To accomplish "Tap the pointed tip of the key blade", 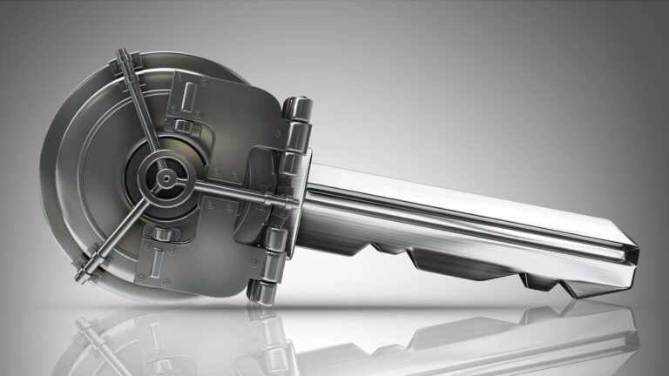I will point(636,253).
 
